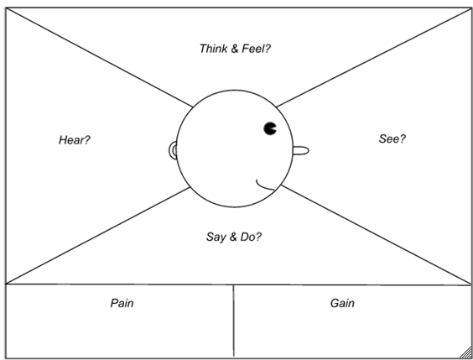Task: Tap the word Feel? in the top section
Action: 257,49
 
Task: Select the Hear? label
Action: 75,140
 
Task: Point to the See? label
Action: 392,138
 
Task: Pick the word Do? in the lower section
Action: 251,237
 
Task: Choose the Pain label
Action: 122,303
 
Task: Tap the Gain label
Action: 342,303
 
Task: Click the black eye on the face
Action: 270,128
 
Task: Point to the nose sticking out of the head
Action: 301,150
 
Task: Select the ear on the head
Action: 173,150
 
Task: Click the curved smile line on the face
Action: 264,186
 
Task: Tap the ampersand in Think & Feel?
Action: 234,49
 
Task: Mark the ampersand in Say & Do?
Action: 233,237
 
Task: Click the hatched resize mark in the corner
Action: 466,353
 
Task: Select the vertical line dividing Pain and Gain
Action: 233,321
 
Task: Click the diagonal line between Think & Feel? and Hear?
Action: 99,57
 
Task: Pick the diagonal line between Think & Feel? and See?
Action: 374,57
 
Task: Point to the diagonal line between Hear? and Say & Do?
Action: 98,236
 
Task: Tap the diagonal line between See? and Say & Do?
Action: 377,235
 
